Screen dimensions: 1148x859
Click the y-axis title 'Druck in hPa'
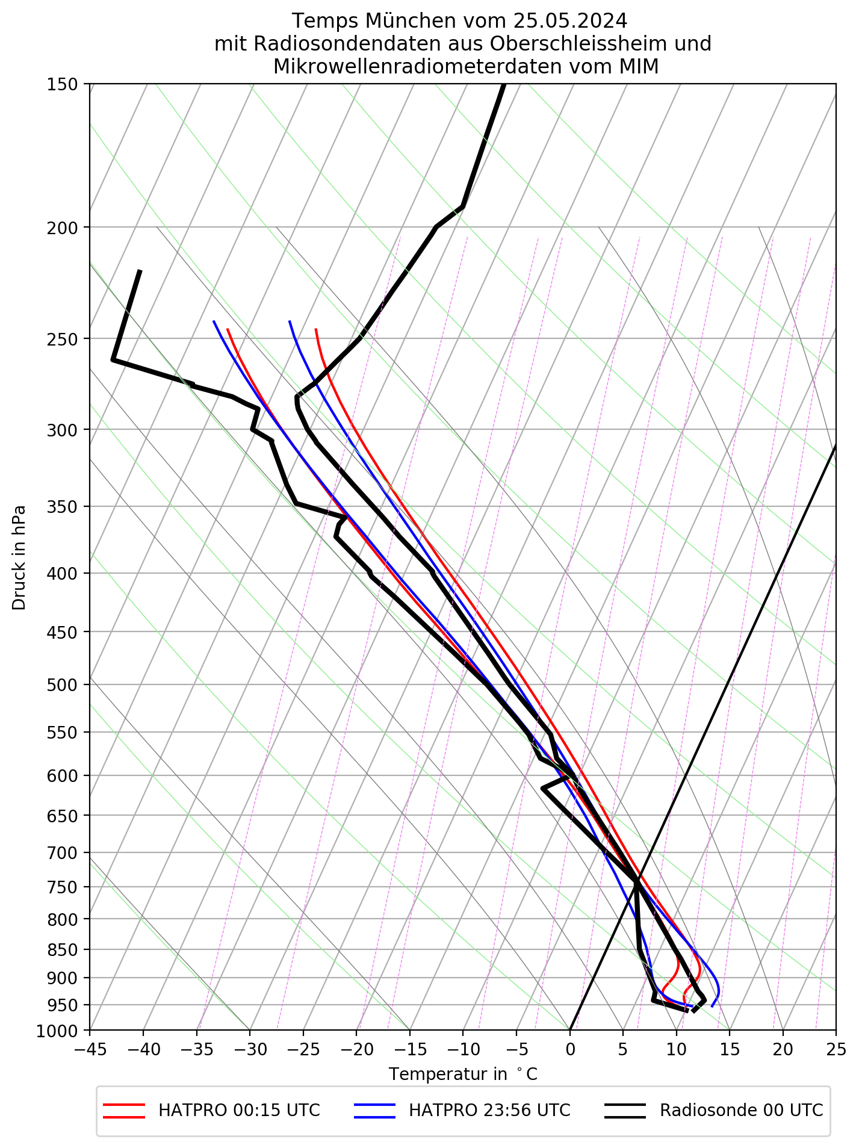click(19, 557)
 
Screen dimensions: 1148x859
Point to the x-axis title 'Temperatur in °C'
click(463, 1075)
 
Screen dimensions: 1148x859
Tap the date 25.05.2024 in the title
click(570, 21)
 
